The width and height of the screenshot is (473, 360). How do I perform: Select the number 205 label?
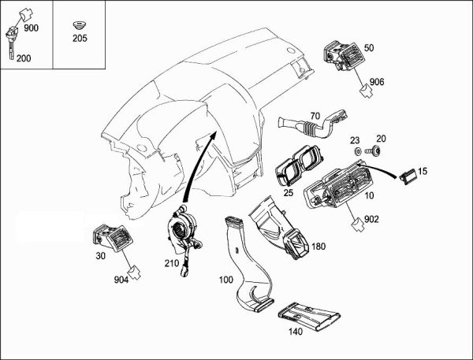click(80, 37)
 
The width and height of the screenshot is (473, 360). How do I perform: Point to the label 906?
click(377, 82)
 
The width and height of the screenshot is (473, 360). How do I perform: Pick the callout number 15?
click(422, 171)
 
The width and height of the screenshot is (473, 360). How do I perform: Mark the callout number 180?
click(318, 247)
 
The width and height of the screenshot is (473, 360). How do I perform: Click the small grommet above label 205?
click(80, 21)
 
